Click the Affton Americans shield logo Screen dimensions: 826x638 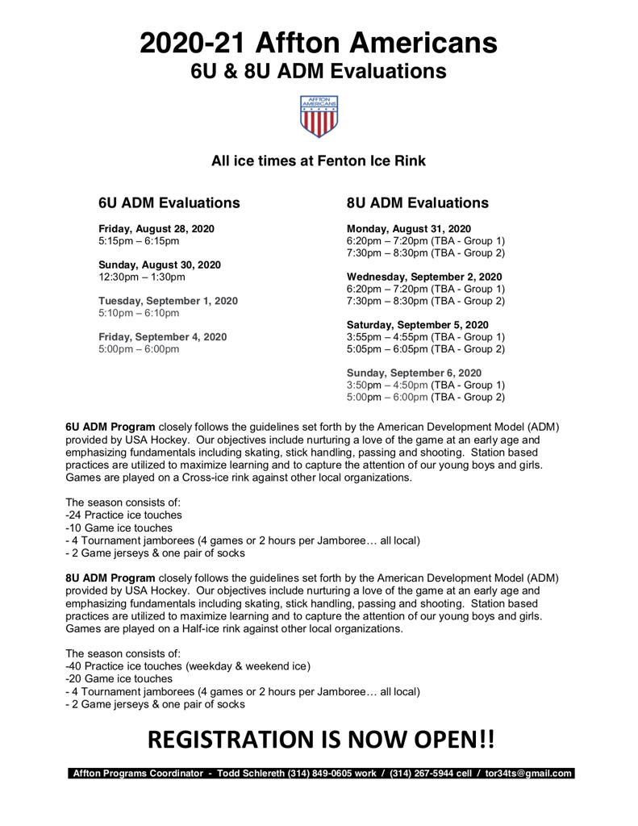pos(319,116)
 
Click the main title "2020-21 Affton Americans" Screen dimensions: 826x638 pos(319,42)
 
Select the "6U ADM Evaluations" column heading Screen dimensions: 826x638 pos(169,202)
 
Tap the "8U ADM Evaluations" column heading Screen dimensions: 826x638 pos(417,202)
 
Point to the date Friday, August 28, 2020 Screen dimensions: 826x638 pos(156,229)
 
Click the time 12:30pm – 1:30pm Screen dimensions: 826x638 pos(142,277)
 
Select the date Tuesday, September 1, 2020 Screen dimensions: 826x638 pos(168,301)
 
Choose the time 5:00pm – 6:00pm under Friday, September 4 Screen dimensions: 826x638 pos(139,348)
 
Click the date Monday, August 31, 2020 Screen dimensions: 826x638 pos(409,229)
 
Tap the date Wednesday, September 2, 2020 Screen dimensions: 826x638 pos(424,277)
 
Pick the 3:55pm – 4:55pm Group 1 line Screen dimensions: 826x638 pos(425,336)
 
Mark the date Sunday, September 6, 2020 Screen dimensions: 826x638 pos(414,373)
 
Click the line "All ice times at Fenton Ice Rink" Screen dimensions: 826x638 pos(319,161)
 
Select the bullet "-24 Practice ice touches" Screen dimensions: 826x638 pos(123,515)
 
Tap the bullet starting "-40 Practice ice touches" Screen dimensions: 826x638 pos(187,665)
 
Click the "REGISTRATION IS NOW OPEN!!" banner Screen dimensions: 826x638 pos(320,739)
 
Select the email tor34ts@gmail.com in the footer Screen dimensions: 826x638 pos(528,773)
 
